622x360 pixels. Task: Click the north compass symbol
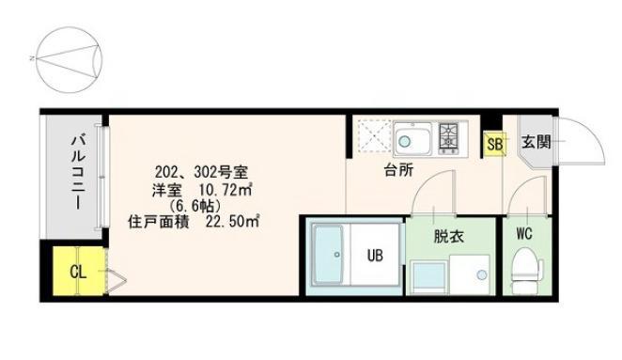69,60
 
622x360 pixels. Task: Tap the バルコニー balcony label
79,172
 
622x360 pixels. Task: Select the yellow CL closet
79,271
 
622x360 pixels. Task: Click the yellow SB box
494,144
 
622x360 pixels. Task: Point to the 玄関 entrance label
536,142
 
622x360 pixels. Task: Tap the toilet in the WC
527,271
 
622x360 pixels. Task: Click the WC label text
524,234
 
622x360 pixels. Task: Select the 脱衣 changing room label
449,237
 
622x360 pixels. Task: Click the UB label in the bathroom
375,256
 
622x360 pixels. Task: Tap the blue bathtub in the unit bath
328,255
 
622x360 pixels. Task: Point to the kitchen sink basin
412,139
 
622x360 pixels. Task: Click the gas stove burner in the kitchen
449,137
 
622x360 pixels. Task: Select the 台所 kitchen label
398,170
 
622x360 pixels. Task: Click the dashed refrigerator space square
375,136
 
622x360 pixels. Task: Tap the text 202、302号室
201,172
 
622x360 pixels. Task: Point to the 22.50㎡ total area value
232,222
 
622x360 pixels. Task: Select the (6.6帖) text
194,206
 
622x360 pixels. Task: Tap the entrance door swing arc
592,133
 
